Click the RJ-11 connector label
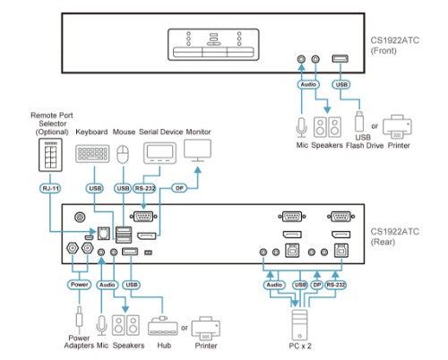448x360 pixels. tap(50, 188)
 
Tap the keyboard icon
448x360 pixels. tap(92, 154)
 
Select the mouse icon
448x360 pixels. tap(123, 154)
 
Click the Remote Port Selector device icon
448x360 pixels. tap(50, 155)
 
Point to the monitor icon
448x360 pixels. tap(197, 150)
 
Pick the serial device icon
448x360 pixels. tap(159, 153)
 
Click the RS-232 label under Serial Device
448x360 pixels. tap(144, 188)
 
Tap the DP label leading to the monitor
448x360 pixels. tap(179, 188)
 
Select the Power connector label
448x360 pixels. tap(79, 285)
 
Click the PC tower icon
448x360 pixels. tap(299, 325)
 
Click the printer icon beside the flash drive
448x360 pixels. tap(397, 127)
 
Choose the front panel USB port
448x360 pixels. tap(340, 58)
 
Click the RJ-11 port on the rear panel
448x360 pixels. tap(104, 234)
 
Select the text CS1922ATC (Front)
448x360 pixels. tap(394, 46)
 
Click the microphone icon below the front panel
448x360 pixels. tap(302, 128)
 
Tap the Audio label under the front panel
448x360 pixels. tap(308, 84)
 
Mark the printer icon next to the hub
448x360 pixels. tap(206, 329)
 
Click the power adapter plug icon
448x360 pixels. tap(79, 319)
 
